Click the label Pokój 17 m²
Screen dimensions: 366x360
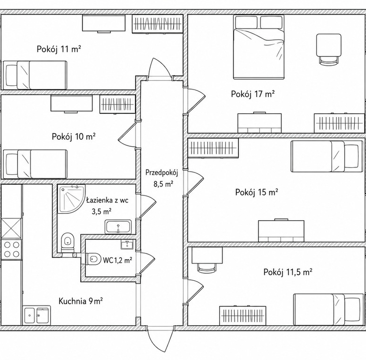252,94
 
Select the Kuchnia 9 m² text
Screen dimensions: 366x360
81,301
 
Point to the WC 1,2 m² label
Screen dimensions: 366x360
118,260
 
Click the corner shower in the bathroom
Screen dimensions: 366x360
71,199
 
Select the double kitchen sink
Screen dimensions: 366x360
37,315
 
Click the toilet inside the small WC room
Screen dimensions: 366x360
93,259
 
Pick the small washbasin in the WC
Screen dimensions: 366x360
127,244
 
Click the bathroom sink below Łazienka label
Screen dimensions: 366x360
118,226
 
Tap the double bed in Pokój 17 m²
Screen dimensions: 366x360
259,47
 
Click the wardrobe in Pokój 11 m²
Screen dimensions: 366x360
157,24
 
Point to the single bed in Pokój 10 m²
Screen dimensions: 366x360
35,164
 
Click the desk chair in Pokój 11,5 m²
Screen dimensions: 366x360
206,268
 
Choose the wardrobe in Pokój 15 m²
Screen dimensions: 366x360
213,148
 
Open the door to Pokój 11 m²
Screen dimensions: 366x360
160,67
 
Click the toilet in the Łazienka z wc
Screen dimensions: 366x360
68,242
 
